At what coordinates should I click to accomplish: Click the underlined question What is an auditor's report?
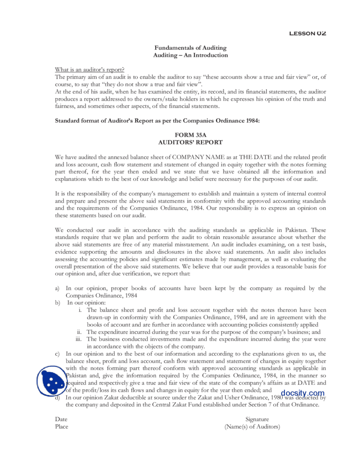point(90,69)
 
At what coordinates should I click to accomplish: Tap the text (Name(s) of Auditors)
point(253,427)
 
